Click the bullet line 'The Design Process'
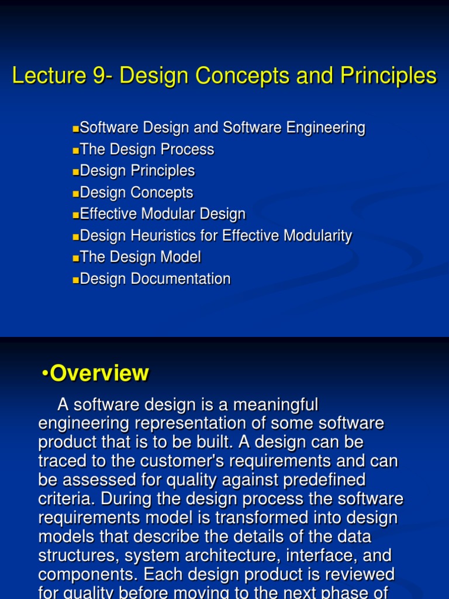point(147,150)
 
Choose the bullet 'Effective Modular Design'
point(163,214)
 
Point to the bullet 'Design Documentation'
point(155,279)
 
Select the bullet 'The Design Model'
point(140,257)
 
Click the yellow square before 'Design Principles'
point(75,172)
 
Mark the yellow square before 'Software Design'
point(75,129)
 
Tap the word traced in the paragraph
point(63,461)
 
